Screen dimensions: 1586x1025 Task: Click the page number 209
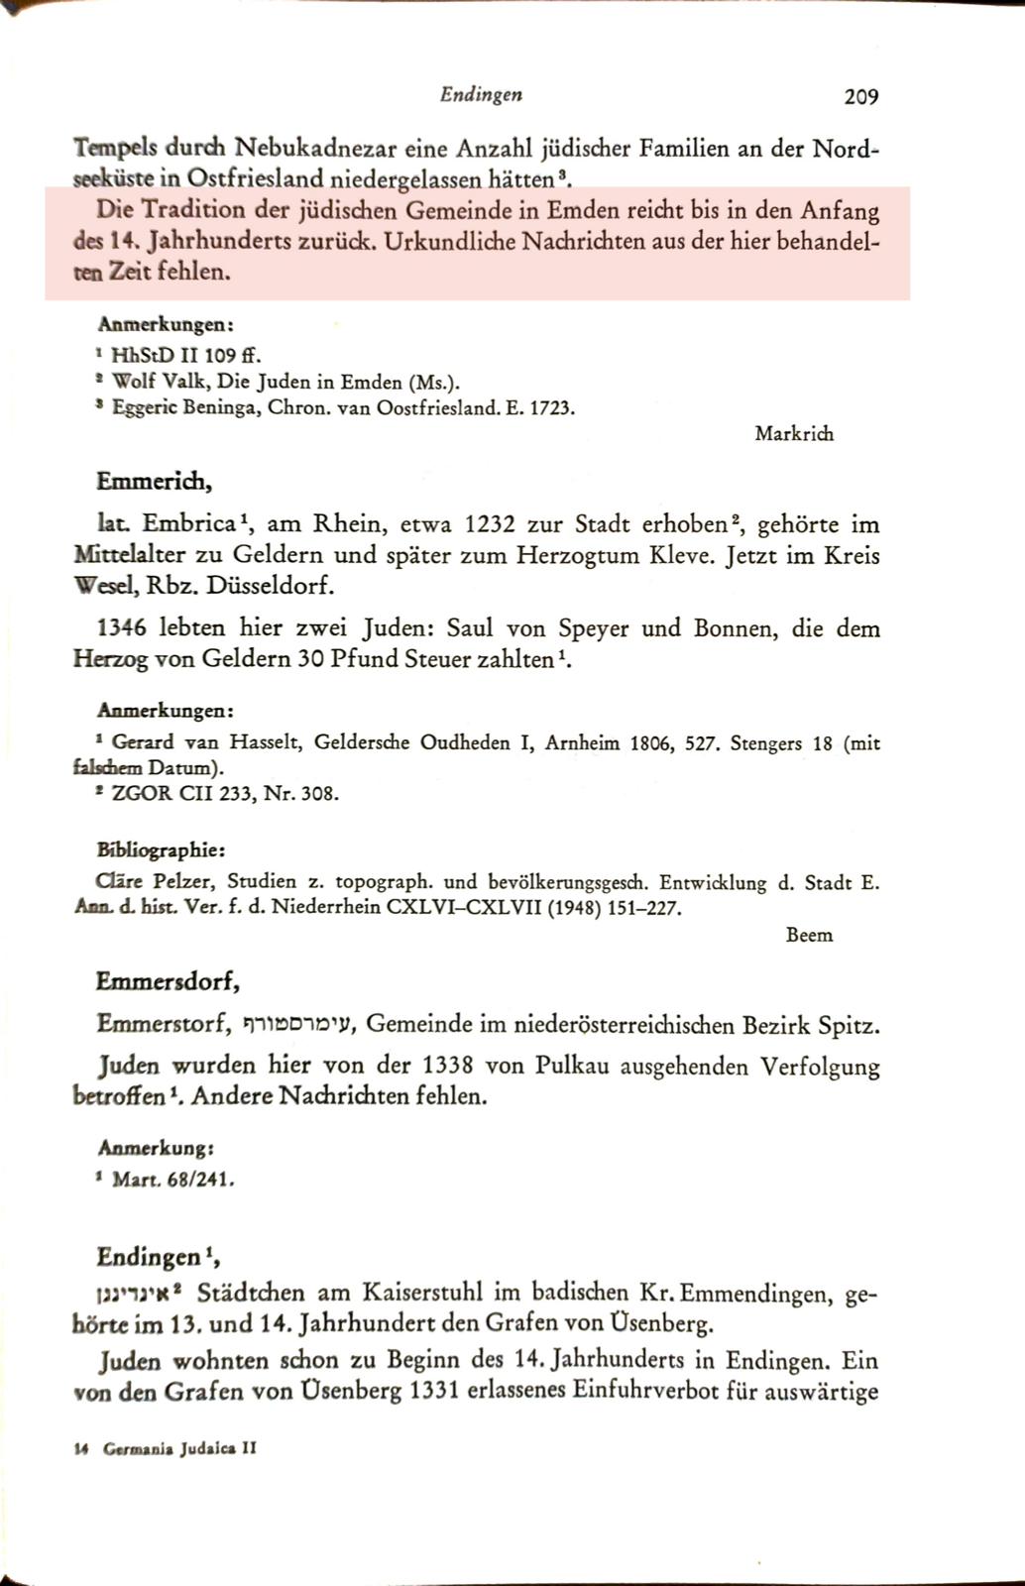[x=860, y=96]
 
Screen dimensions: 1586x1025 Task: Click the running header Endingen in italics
[x=481, y=94]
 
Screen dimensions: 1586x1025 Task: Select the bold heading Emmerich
[x=154, y=482]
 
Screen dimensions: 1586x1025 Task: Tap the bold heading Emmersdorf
[x=169, y=981]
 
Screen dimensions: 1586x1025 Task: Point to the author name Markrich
[x=793, y=433]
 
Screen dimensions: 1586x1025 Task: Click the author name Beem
[x=809, y=935]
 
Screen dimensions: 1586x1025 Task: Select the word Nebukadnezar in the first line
[x=315, y=150]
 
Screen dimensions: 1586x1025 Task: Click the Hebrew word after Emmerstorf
[x=306, y=1025]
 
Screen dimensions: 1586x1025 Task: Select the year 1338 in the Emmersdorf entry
[x=454, y=1067]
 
